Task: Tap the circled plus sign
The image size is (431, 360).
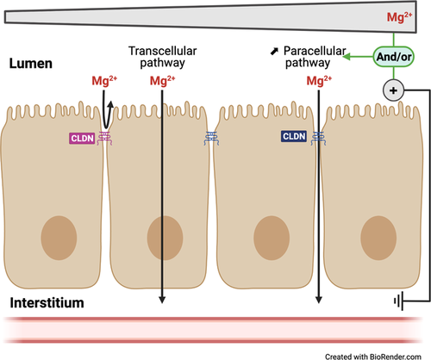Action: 392,89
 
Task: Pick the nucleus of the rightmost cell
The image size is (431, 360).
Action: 376,233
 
